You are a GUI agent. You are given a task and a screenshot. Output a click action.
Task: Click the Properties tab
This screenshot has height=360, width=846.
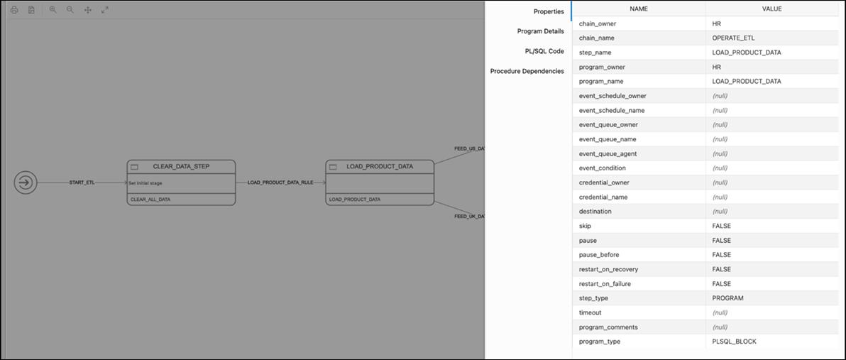coord(549,11)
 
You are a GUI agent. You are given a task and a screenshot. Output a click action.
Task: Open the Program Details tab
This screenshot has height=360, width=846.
coord(541,31)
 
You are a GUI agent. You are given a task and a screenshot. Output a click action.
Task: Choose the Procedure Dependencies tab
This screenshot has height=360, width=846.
coord(527,71)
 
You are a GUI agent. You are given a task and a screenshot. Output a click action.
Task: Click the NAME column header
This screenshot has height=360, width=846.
coord(639,9)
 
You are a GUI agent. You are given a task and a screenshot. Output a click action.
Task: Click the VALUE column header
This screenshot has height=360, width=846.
coord(775,9)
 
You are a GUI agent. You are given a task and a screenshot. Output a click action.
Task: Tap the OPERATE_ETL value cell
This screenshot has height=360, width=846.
coord(734,38)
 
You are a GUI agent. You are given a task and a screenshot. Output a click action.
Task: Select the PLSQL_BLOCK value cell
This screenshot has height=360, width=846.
coord(734,342)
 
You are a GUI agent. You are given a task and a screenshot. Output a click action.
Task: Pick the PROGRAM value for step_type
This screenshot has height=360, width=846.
coord(727,298)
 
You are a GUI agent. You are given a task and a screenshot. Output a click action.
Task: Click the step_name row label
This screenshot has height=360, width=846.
coord(595,53)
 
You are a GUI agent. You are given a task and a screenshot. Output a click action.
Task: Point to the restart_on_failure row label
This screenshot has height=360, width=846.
coord(605,283)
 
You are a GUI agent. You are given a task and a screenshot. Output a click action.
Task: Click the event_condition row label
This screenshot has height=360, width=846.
coord(602,168)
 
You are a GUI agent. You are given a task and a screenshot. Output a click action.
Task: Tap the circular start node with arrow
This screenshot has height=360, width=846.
coord(26,182)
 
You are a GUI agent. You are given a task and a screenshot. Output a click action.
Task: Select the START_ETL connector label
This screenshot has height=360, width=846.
coord(82,182)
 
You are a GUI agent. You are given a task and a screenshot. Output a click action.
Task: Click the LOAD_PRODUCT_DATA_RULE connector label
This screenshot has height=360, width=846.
coord(280,182)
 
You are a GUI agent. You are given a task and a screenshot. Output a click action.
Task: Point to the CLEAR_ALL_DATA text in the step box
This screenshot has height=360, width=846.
coord(150,200)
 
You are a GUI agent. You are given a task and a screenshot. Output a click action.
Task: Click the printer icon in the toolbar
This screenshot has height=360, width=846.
coord(14,10)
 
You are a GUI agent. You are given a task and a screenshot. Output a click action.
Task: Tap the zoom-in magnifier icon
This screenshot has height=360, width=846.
coord(53,10)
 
